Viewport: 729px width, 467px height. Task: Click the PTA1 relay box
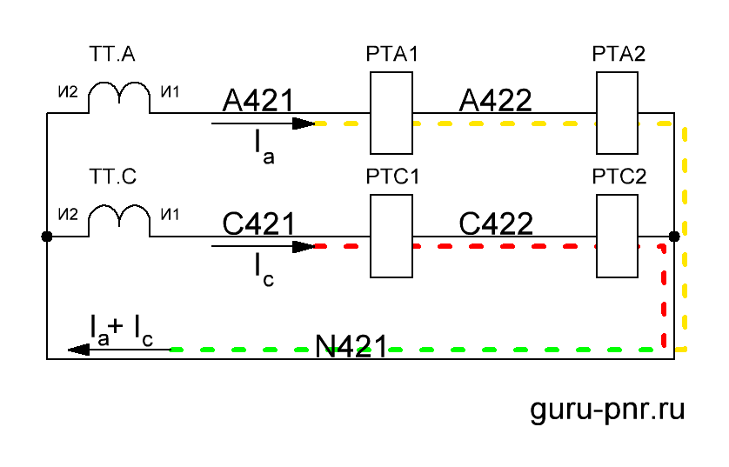(391, 113)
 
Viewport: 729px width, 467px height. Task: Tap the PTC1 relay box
(391, 235)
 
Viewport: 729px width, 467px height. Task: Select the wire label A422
(495, 101)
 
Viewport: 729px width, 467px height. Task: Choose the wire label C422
(495, 223)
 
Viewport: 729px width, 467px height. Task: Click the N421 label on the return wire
(351, 346)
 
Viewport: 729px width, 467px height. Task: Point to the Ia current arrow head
(304, 123)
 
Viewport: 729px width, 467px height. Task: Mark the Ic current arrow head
(304, 246)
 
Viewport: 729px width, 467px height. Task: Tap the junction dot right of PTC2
(674, 236)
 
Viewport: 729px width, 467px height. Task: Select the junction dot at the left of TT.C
(46, 236)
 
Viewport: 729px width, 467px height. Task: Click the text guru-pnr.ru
(608, 410)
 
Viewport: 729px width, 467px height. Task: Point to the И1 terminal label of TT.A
(169, 90)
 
